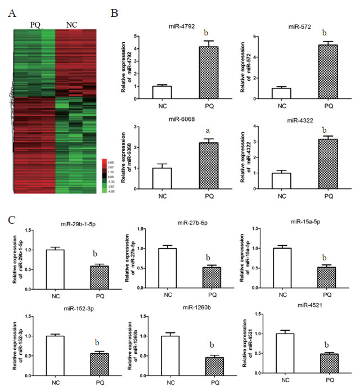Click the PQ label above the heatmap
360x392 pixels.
tap(35, 25)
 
